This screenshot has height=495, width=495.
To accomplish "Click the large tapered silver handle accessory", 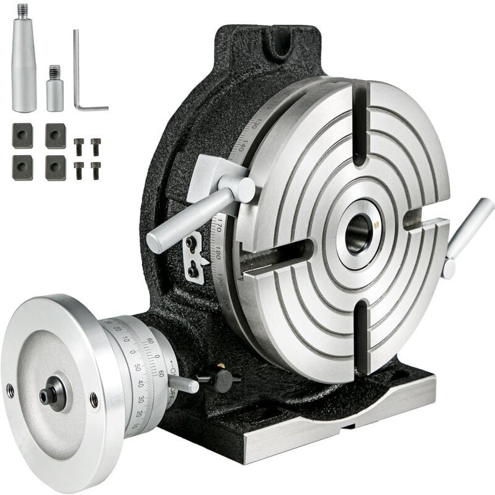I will (24, 62).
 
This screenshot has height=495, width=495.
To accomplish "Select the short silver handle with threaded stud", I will (55, 91).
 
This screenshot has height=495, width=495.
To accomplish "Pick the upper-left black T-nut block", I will (22, 135).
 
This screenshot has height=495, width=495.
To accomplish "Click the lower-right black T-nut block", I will (55, 167).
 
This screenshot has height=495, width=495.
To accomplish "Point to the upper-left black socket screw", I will (78, 146).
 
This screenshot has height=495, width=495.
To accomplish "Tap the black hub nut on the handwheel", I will (52, 394).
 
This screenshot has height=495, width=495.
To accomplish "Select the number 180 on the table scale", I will (220, 254).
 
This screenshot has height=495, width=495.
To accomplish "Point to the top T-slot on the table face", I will (359, 124).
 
